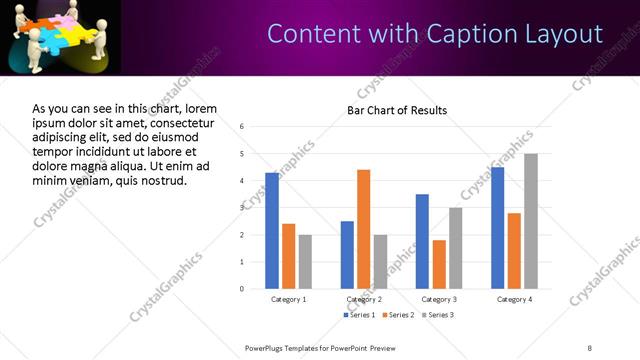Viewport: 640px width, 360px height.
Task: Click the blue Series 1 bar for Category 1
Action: [272, 230]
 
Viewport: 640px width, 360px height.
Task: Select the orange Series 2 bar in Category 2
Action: [363, 229]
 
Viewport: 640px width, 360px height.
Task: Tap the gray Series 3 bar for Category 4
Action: [531, 221]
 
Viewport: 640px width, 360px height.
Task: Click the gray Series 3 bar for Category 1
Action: [305, 261]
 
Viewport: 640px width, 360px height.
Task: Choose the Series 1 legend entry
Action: [360, 315]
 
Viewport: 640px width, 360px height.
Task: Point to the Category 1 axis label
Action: [289, 299]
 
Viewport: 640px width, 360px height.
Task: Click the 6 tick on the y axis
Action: [241, 126]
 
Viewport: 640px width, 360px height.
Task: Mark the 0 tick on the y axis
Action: [241, 289]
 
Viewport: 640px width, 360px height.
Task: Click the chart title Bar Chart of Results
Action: [397, 110]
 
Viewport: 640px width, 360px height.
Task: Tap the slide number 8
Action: [589, 347]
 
